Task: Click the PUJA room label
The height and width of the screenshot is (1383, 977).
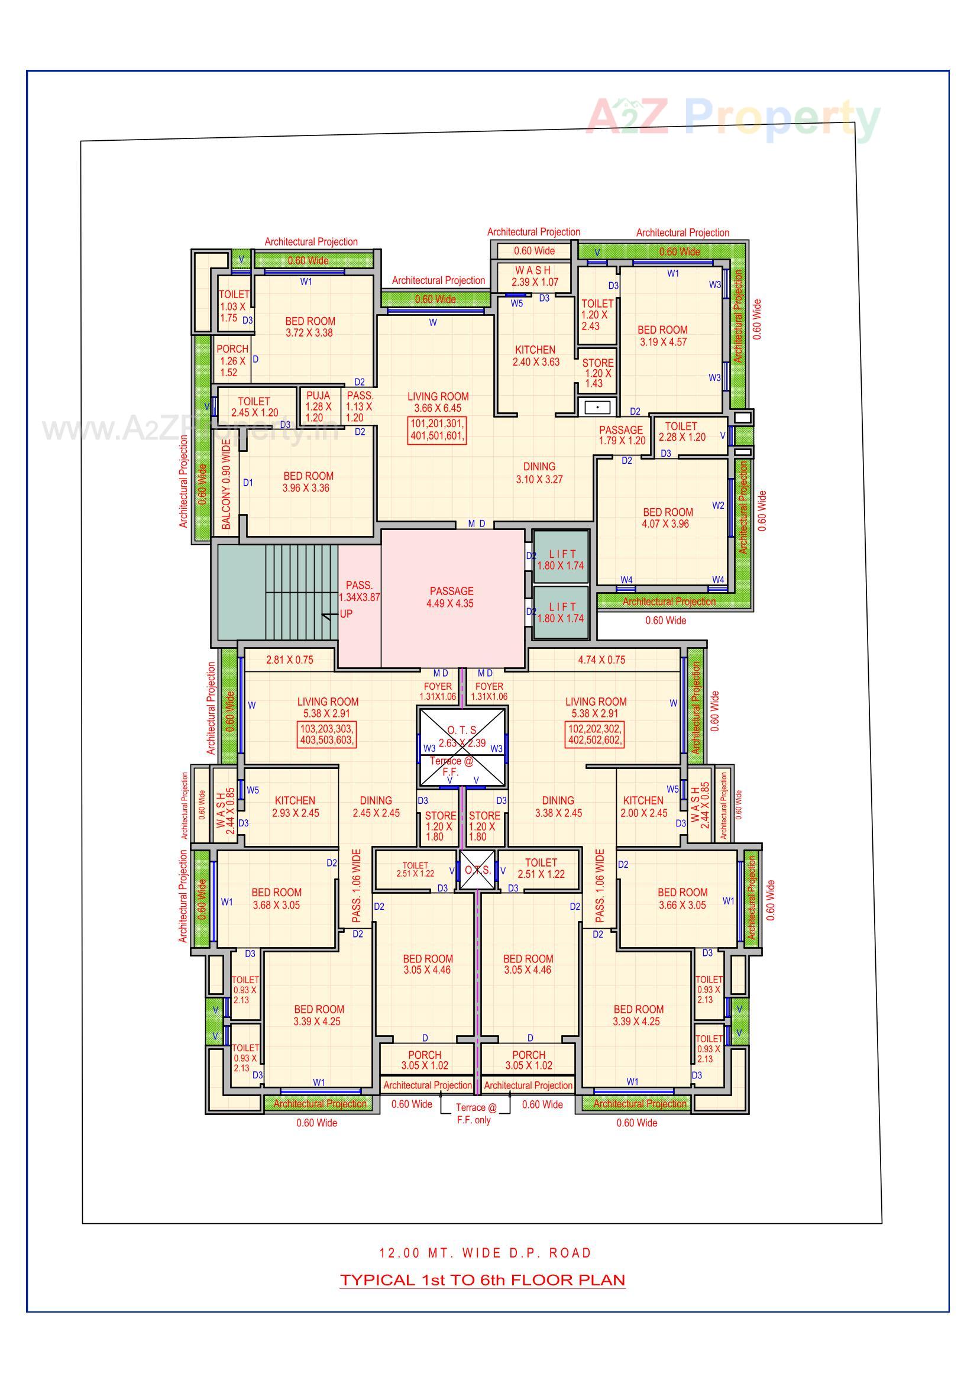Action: coord(318,406)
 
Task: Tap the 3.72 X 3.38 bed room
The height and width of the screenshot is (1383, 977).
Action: coord(310,327)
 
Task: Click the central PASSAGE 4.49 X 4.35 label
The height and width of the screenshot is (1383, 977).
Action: coord(451,597)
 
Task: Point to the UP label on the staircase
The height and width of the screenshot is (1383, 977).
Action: coord(346,614)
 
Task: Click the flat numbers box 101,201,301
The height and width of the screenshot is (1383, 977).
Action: coord(437,429)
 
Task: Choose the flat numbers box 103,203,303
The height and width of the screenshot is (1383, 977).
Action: coord(327,734)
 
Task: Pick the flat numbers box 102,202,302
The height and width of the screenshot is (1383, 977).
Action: coord(594,734)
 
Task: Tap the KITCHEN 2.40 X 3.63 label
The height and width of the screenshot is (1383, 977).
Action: coord(535,356)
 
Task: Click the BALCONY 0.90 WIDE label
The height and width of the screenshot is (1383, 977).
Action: coord(227,484)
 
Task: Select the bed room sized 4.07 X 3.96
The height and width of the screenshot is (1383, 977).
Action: coord(667,518)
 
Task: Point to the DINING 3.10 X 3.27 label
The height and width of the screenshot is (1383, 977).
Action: coord(539,473)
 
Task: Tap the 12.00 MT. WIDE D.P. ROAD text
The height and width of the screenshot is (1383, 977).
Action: coord(486,1253)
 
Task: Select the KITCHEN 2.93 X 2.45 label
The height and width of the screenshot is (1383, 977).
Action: coord(295,806)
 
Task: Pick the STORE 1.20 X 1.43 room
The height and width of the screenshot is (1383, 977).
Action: coord(597,373)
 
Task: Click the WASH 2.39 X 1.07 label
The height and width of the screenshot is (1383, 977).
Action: coord(534,276)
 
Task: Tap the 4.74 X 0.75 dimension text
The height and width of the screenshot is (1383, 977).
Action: coord(601,660)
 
